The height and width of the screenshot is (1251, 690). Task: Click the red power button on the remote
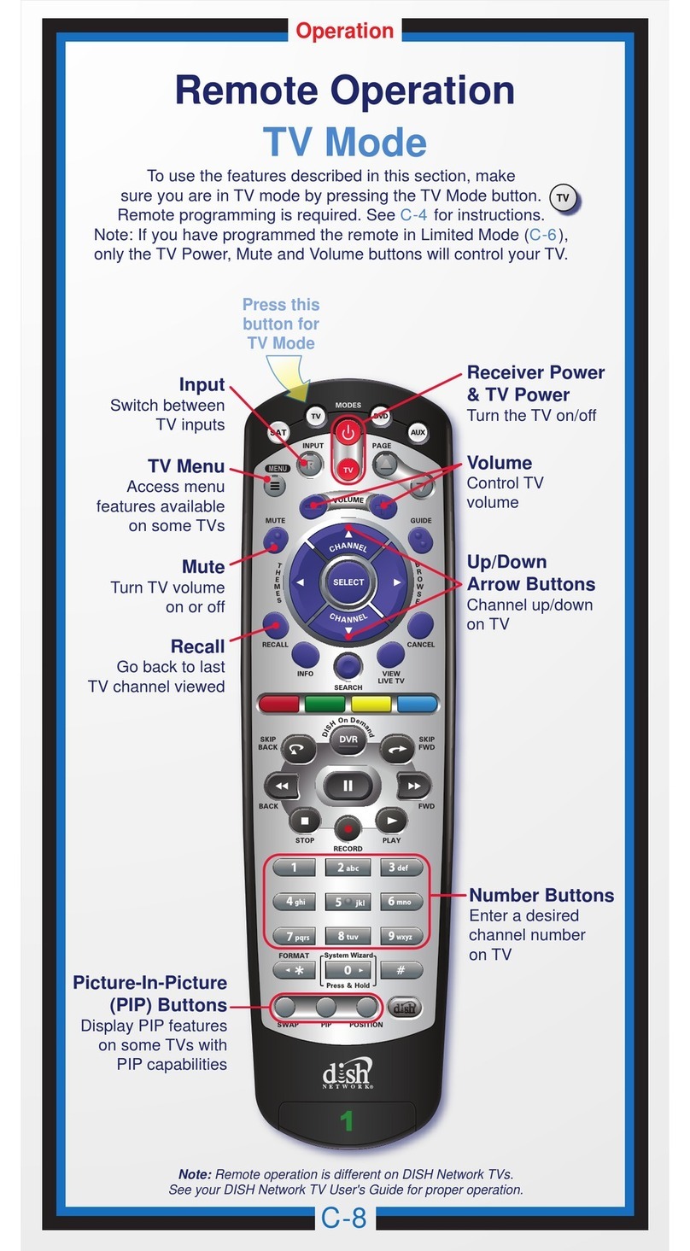tap(348, 433)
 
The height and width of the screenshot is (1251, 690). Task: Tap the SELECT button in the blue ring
tap(348, 582)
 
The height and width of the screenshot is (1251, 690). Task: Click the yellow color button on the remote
tap(371, 704)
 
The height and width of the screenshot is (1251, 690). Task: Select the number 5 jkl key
tap(348, 902)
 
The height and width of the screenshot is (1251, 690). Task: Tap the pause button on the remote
tap(348, 786)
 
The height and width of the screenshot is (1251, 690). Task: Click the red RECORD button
tap(348, 827)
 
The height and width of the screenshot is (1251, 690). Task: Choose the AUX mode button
tap(418, 432)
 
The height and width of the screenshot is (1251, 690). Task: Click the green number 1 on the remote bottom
tap(347, 1120)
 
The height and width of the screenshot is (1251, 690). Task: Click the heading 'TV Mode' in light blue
tap(344, 142)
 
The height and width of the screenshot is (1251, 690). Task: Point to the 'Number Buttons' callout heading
tap(541, 895)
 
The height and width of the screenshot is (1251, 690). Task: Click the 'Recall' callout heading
tap(197, 646)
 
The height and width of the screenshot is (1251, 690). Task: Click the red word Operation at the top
tap(344, 32)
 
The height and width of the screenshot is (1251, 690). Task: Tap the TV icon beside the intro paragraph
tap(562, 198)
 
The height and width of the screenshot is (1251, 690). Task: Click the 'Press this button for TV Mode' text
tap(281, 324)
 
